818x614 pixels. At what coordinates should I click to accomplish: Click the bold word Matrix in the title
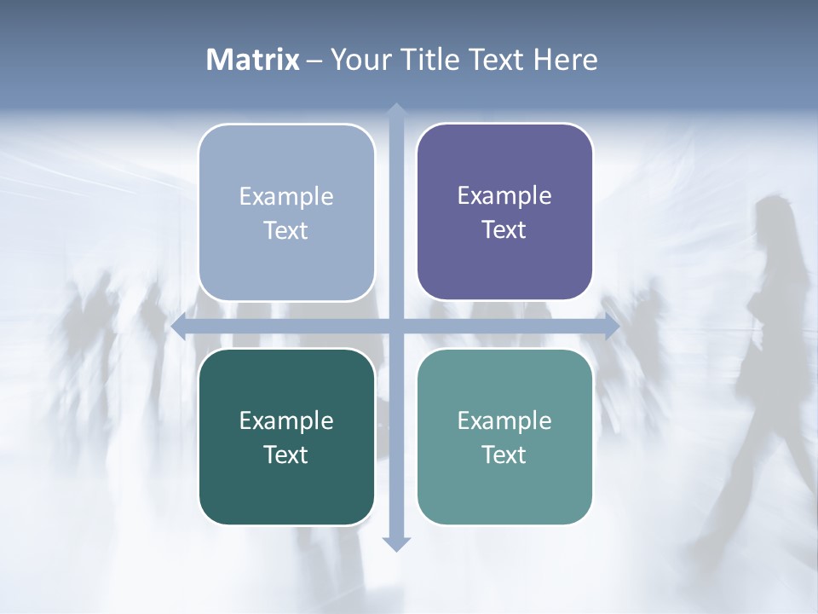[x=253, y=60]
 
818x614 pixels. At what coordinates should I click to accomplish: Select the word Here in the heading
[x=566, y=60]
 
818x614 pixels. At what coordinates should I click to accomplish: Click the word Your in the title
[x=360, y=60]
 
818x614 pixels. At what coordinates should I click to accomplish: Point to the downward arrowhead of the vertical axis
[x=395, y=544]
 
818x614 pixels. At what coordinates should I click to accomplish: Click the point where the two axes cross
[x=395, y=327]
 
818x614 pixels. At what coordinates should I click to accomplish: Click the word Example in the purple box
[x=504, y=195]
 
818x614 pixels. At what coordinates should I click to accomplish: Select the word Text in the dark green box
[x=285, y=455]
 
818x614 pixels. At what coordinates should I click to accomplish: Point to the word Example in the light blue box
[x=286, y=196]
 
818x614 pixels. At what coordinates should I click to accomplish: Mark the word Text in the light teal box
[x=504, y=455]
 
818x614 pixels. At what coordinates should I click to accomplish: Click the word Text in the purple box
[x=504, y=229]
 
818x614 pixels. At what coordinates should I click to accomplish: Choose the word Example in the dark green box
[x=286, y=420]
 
